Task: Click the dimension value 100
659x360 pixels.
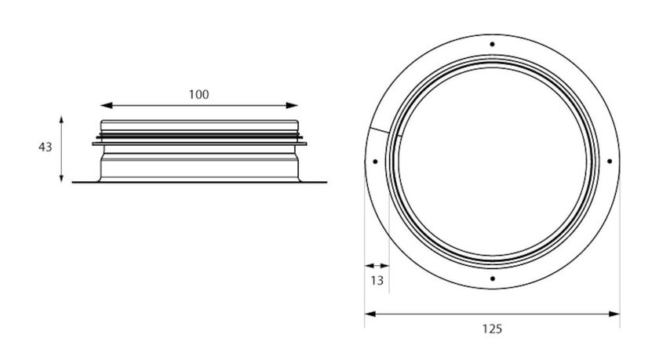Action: [x=199, y=94]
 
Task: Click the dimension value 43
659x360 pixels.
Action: [x=45, y=147]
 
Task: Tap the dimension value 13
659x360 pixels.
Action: [x=377, y=281]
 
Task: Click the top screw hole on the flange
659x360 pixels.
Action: [x=491, y=44]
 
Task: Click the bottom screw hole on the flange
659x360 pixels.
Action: [x=491, y=278]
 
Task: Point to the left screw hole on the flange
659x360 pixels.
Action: [x=375, y=162]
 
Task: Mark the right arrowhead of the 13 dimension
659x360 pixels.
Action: [x=388, y=265]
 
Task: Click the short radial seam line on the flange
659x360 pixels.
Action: [x=386, y=133]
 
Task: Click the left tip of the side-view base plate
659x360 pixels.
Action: [x=74, y=183]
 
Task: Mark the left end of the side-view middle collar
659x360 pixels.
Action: [x=93, y=144]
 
